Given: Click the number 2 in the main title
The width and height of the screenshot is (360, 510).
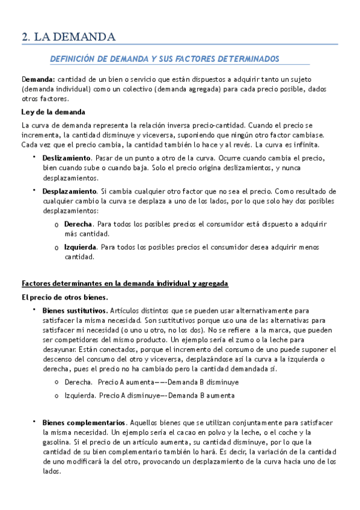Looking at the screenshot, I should coord(25,37).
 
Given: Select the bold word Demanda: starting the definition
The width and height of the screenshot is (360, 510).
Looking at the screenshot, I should coord(38,80).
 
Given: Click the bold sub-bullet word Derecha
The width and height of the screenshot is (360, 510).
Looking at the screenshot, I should coord(78,224).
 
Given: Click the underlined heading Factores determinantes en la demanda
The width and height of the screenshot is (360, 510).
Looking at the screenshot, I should coord(124,283).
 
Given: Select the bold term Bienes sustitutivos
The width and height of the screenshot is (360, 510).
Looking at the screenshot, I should coord(75,311).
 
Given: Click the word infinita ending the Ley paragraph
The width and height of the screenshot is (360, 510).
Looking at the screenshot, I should coord(309,146).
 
